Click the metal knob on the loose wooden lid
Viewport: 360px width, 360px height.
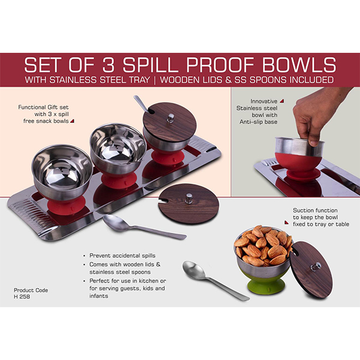(187, 199)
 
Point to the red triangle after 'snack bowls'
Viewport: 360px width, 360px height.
(72, 121)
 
